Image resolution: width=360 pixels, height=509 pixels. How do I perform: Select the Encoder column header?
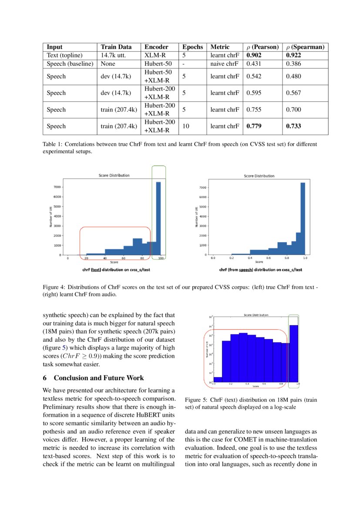[156, 47]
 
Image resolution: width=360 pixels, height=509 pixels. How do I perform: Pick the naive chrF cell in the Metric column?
[224, 64]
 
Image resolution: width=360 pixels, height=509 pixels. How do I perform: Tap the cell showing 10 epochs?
[186, 126]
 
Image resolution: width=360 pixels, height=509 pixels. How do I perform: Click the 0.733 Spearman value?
[293, 126]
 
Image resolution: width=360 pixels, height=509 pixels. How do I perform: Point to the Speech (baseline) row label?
[70, 64]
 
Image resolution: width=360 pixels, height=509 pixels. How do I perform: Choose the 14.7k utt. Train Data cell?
[113, 55]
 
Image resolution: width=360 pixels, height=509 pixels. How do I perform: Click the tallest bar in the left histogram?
[158, 218]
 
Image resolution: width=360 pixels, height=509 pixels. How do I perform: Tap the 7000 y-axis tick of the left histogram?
[57, 187]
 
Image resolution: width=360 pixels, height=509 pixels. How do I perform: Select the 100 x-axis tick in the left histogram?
[161, 259]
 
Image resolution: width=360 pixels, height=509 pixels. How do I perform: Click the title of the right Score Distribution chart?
[259, 176]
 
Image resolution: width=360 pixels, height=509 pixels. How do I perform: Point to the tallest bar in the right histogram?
[303, 218]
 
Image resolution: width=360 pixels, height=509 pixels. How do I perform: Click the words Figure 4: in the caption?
[54, 287]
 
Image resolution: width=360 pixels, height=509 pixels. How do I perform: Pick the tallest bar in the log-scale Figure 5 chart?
[294, 353]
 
